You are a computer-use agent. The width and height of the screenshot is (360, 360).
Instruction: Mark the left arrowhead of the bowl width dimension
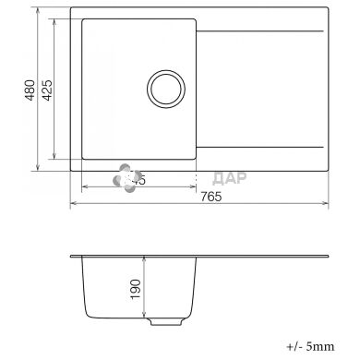(85, 186)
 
